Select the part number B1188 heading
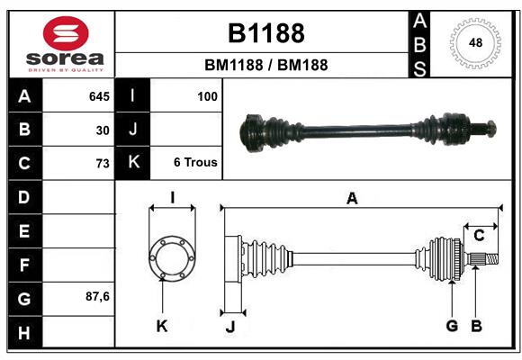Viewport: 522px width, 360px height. coord(265,33)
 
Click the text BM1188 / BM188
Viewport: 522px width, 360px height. coord(265,65)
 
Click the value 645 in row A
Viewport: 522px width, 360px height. coord(99,95)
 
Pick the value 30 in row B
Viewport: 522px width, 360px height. coord(103,130)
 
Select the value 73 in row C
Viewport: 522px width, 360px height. coord(103,164)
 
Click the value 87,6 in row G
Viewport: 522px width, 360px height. coord(97,296)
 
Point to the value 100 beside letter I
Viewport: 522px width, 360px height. coord(207,95)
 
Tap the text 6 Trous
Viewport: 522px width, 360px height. coord(195,163)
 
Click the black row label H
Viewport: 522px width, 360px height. coord(24,333)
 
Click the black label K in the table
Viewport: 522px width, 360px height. coord(133,163)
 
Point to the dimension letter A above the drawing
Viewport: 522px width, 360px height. coord(352,199)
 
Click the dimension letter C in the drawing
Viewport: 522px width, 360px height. coord(480,235)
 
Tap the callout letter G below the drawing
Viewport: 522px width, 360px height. coord(452,326)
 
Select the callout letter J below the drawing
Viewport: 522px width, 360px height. coord(230,327)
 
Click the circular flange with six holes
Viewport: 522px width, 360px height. coord(171,258)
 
